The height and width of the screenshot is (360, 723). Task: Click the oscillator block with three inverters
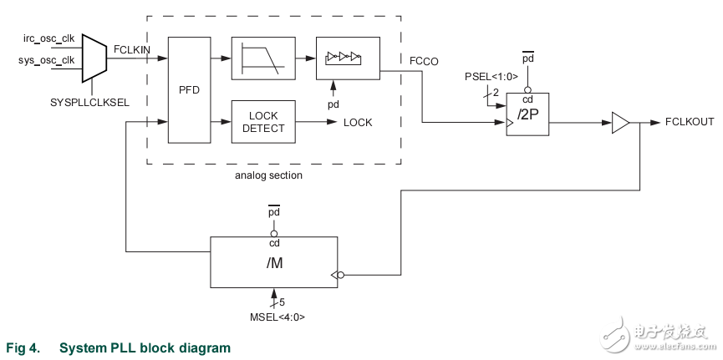pyautogui.click(x=347, y=58)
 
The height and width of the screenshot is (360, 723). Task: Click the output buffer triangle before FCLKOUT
pyautogui.click(x=619, y=123)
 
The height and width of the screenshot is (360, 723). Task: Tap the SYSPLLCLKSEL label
pyautogui.click(x=88, y=102)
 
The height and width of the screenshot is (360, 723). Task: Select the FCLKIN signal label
pyautogui.click(x=132, y=49)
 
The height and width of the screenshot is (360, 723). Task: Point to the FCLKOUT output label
pyautogui.click(x=690, y=122)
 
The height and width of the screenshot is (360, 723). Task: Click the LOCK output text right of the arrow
pyautogui.click(x=358, y=123)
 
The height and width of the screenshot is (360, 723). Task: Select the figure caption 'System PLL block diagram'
pyautogui.click(x=145, y=347)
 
